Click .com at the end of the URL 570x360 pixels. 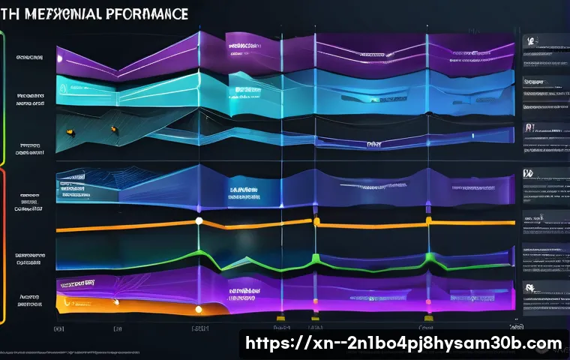tap(541, 344)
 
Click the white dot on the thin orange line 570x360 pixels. tap(199, 220)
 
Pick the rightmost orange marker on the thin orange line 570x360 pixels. tap(428, 220)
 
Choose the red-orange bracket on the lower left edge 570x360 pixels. tap(3, 247)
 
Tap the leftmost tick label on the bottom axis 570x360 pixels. tap(57, 328)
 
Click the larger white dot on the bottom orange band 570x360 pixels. tap(199, 309)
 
